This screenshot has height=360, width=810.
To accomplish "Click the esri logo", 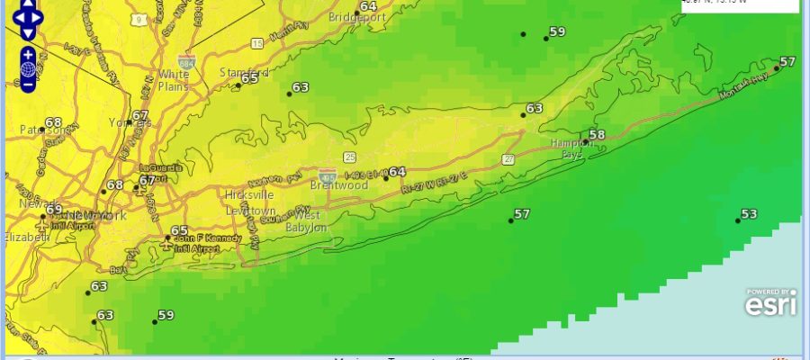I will pos(770,304).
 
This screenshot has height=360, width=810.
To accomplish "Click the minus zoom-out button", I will pos(28,84).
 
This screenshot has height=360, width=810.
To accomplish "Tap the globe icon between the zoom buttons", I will pos(28,68).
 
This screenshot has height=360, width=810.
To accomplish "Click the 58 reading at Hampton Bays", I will pos(597,136).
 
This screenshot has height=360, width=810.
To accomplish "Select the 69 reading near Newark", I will pos(55,210).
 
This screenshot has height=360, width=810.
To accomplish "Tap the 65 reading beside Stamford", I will pos(249,79).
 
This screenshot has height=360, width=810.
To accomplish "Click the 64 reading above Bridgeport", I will pos(368,6).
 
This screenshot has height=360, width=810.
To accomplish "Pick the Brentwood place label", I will pos(339,185).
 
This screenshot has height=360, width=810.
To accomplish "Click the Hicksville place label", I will pos(249,194).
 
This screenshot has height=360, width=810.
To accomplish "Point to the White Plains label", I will pos(174,80).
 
